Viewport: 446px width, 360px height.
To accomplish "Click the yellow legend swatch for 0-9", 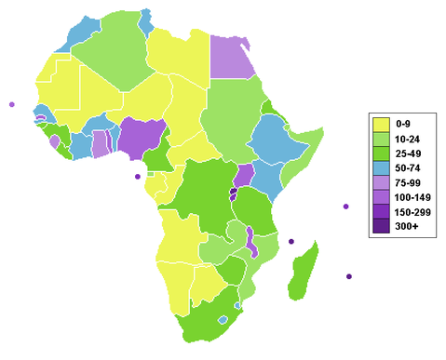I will click(x=381, y=122).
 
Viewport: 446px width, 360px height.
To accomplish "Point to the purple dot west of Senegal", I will click(x=11, y=104).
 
